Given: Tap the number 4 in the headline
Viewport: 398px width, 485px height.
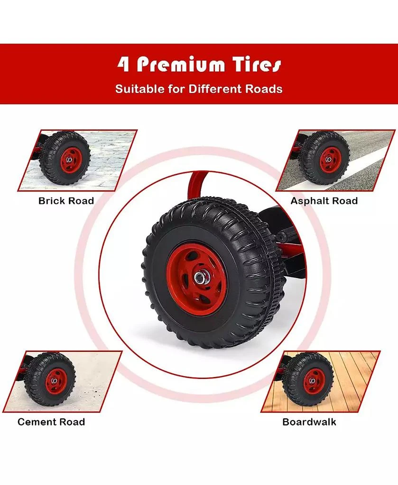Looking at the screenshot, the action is pos(124,64).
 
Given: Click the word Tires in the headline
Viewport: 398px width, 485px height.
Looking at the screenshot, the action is pos(257,64).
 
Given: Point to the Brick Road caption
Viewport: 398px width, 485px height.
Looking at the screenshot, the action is pos(66,201).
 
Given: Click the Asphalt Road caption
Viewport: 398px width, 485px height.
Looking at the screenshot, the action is pos(324,201).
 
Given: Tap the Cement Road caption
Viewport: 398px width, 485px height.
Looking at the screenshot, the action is pos(51,422).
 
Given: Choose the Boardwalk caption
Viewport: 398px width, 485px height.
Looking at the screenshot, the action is pos(309,422).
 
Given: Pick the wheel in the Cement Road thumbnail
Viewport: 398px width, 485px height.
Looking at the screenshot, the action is pos(50,379).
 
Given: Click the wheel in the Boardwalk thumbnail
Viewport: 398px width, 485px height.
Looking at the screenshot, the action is pos(308,379).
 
